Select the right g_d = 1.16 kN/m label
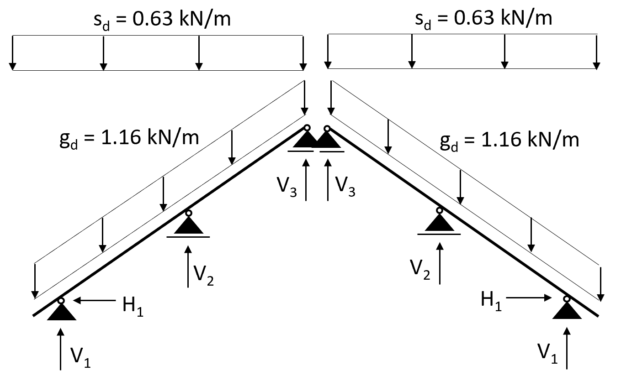(510, 140)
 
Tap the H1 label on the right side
(492, 302)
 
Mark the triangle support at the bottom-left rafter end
(62, 312)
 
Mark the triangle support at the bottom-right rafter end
(567, 310)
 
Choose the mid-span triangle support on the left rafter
(188, 224)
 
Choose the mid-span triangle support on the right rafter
(439, 222)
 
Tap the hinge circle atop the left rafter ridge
(308, 128)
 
